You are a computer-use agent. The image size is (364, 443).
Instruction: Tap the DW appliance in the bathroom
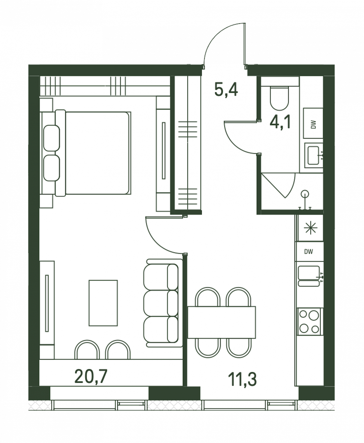coord(313,123)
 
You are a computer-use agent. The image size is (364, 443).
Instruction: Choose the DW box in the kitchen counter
coord(309,251)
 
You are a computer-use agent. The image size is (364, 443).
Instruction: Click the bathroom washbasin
coord(313,156)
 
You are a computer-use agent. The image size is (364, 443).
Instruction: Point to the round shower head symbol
coord(305,193)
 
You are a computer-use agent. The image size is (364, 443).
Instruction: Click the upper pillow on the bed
coord(52,138)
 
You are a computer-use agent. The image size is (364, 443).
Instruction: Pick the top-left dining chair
coord(207,297)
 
